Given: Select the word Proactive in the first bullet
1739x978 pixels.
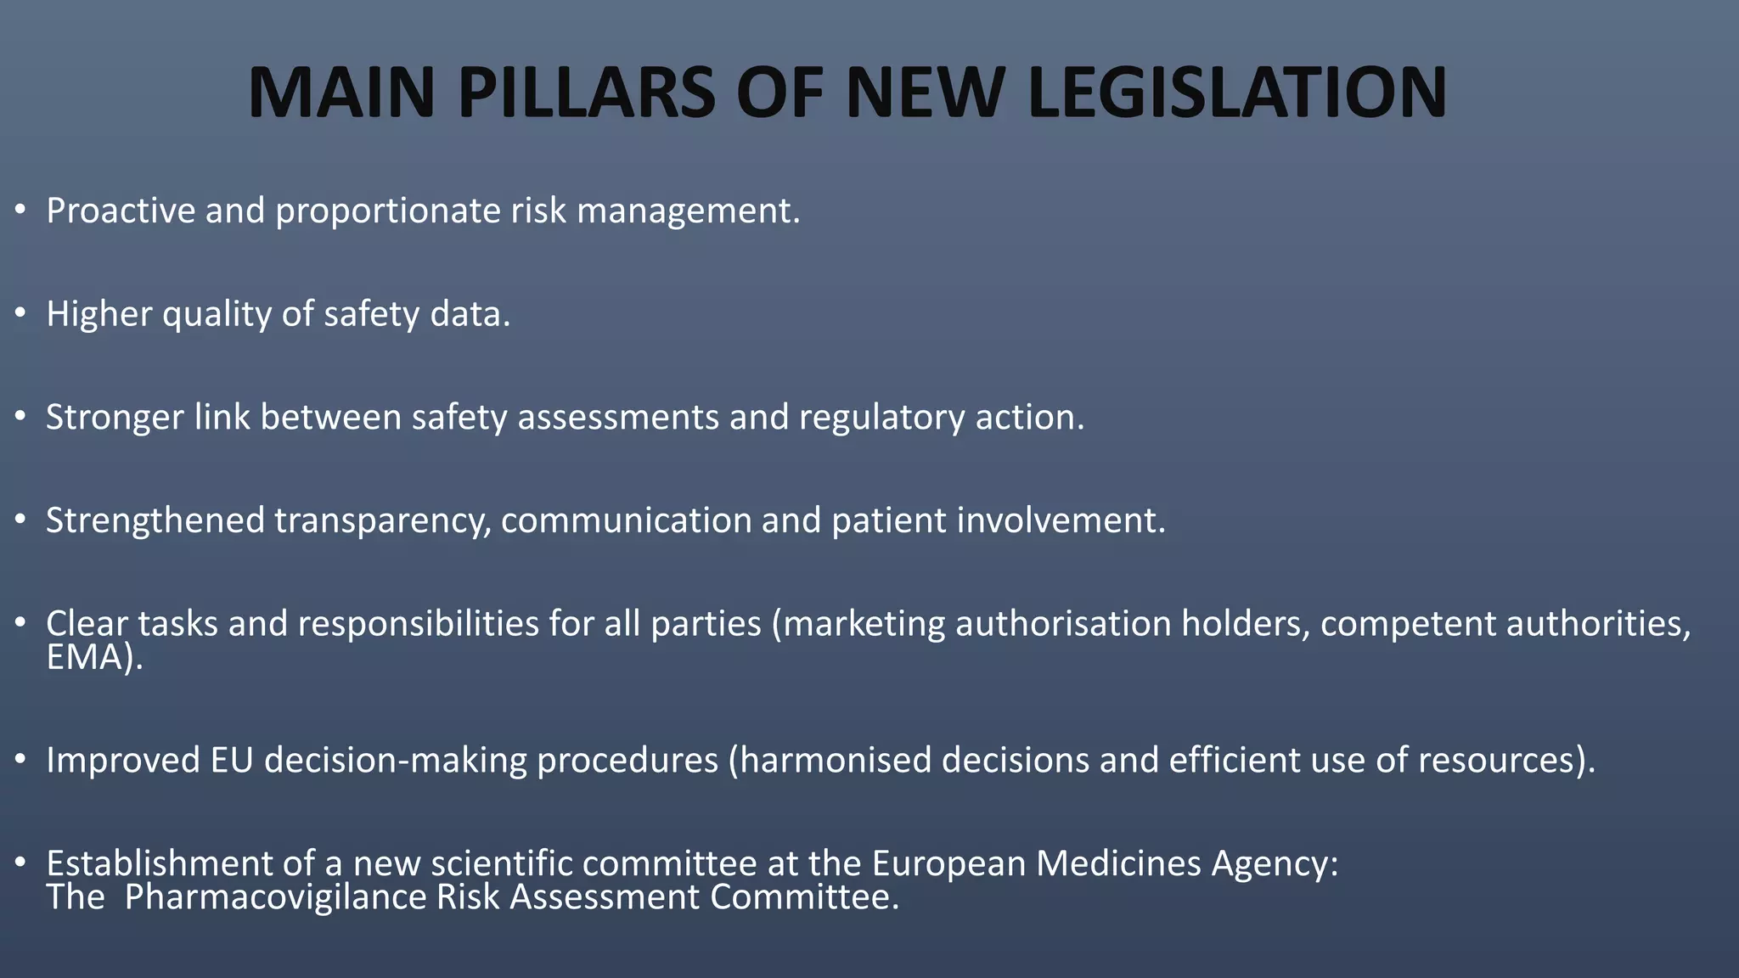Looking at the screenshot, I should [x=121, y=211].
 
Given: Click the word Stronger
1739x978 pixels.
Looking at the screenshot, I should [x=115, y=418].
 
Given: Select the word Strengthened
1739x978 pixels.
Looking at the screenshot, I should [x=155, y=521].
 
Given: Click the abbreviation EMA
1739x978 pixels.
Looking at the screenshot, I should [x=86, y=658].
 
